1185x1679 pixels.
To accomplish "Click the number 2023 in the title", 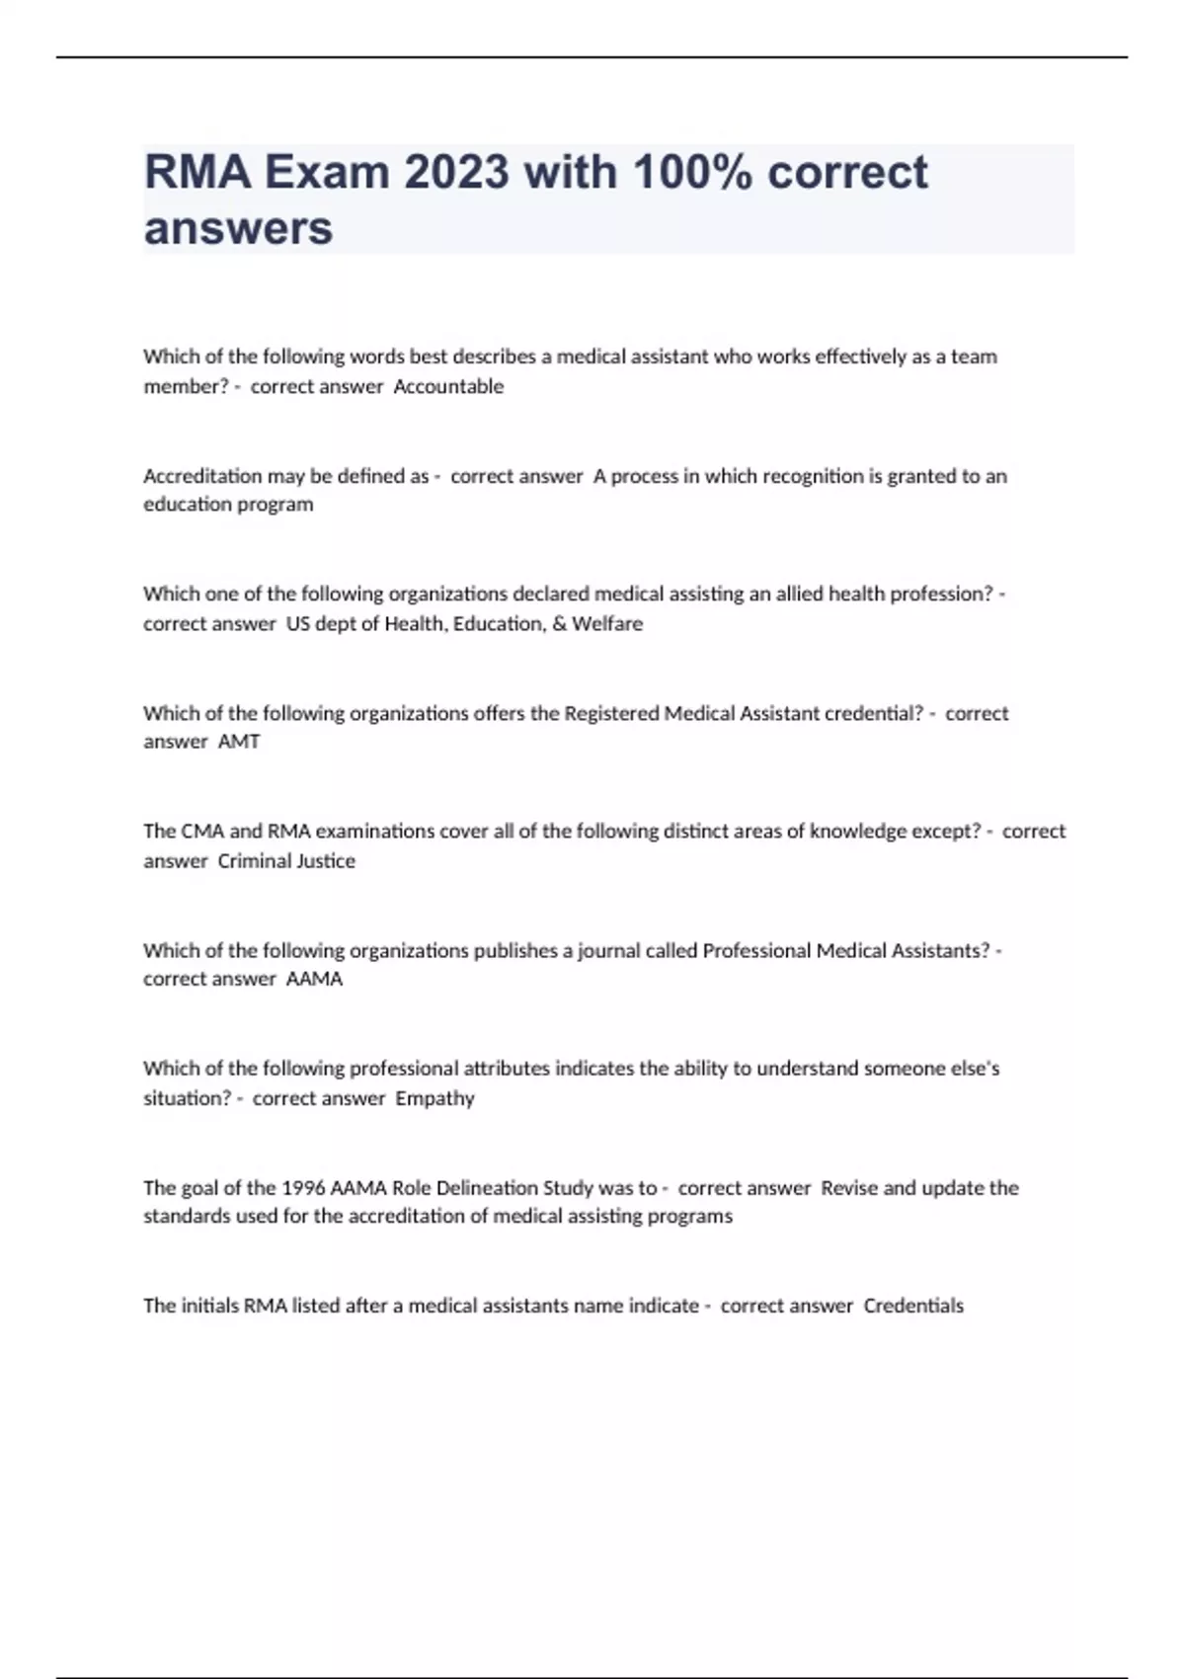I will pyautogui.click(x=456, y=173).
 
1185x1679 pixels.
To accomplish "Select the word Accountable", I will pyautogui.click(x=448, y=387).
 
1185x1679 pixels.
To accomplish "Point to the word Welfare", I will pyautogui.click(x=607, y=624).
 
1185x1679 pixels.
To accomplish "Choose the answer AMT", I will pyautogui.click(x=239, y=742).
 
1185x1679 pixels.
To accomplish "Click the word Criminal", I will pyautogui.click(x=249, y=861).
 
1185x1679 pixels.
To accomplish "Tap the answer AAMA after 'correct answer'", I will pyautogui.click(x=314, y=979).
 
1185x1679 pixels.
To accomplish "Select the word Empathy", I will pyautogui.click(x=434, y=1098).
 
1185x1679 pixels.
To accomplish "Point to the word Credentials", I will pyautogui.click(x=913, y=1306).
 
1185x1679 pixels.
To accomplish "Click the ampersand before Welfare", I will pyautogui.click(x=559, y=624).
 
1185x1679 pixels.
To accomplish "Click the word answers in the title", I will pyautogui.click(x=238, y=228).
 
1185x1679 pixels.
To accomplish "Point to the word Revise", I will pyautogui.click(x=849, y=1188).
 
